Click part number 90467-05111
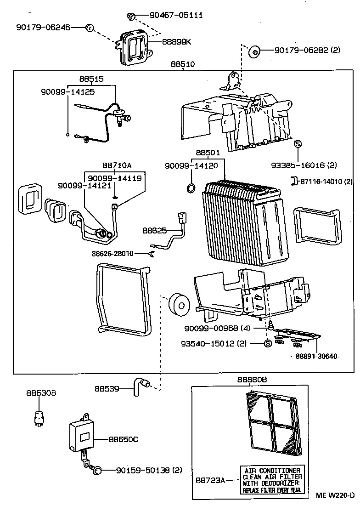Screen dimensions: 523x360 coord(170,16)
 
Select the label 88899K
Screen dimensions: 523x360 coord(176,42)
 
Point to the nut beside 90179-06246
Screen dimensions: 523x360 coord(90,28)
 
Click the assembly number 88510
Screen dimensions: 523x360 coord(182,65)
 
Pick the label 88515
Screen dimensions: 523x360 coord(91,79)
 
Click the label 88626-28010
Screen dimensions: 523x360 coord(112,253)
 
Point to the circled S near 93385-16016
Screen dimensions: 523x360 coord(297,144)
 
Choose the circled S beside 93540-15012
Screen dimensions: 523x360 coord(267,344)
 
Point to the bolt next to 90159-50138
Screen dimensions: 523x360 coord(97,470)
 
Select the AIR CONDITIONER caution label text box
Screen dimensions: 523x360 coord(272,480)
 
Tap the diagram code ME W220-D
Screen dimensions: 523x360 coord(335,495)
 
